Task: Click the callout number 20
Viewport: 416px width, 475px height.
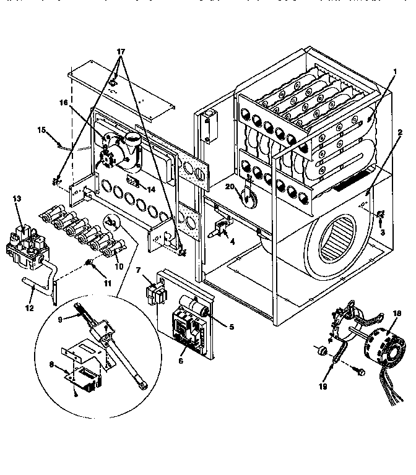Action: tap(230, 187)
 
